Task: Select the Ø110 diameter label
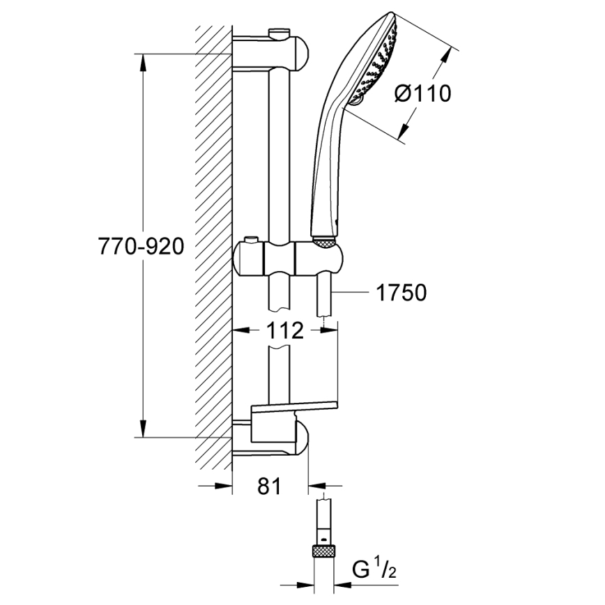click(422, 93)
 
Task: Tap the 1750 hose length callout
click(401, 293)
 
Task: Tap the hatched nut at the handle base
click(325, 242)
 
